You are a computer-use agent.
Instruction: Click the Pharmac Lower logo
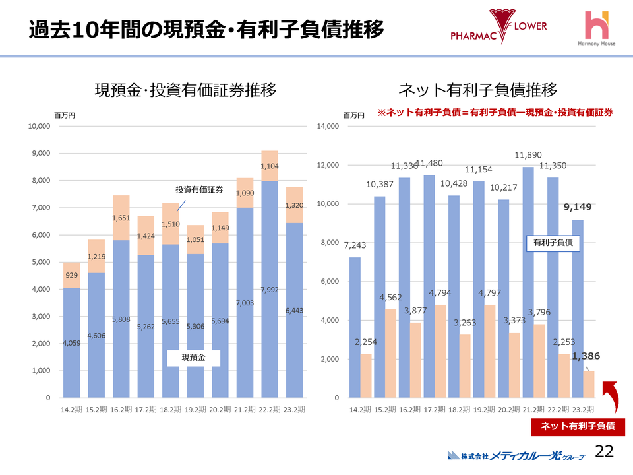coord(498,28)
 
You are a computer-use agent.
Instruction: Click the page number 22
coord(604,452)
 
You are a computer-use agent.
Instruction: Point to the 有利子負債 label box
coord(552,243)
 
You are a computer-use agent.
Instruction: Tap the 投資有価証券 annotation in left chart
coord(198,191)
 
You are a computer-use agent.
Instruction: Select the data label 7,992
coord(269,290)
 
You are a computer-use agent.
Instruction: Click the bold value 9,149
coord(578,206)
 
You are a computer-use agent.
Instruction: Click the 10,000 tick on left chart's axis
coord(40,126)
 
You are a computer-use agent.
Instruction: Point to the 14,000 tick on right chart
coord(328,126)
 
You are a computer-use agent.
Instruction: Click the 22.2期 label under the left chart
coord(269,410)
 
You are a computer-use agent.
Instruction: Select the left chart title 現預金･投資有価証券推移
coord(185,90)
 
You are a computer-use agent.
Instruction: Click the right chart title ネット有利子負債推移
coord(478,90)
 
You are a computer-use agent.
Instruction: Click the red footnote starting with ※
coord(495,113)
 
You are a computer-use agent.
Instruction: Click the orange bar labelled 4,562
coord(390,354)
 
